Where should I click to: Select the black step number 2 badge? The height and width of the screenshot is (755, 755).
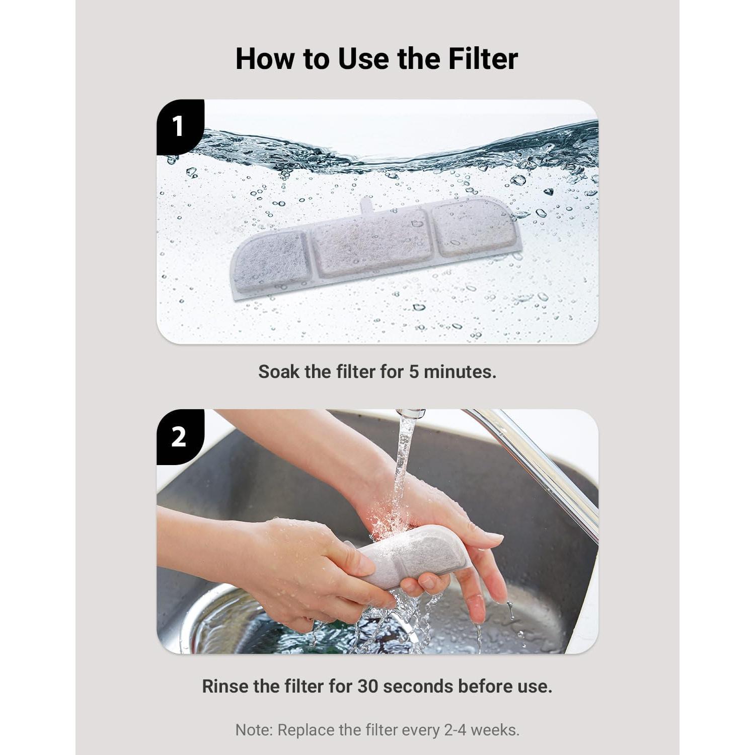(x=178, y=436)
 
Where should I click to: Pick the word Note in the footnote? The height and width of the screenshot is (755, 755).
(x=254, y=730)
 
